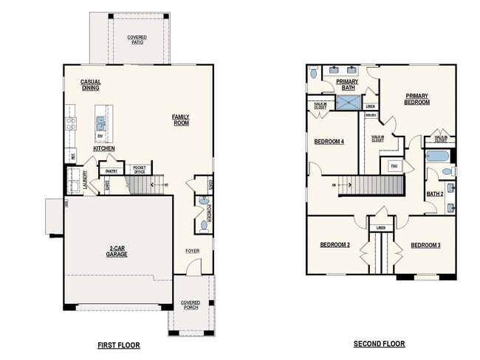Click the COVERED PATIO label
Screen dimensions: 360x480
[x=137, y=39]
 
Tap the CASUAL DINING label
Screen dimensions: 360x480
[x=91, y=85]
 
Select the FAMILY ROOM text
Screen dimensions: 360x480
[x=180, y=120]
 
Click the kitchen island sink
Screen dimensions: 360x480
[x=100, y=122]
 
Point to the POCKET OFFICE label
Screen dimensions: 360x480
[x=137, y=170]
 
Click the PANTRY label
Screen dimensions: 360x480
[x=112, y=170]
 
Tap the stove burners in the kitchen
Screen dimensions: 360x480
[x=71, y=123]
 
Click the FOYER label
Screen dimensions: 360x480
[x=192, y=251]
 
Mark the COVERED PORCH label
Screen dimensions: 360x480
[x=191, y=306]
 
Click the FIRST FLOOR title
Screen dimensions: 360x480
[x=119, y=345]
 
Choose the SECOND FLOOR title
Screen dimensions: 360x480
[x=379, y=344]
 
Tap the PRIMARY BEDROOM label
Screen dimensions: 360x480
[x=416, y=99]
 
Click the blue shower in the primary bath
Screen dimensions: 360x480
[x=348, y=102]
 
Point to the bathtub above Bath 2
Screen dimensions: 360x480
[x=438, y=156]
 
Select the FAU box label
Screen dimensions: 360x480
[x=394, y=166]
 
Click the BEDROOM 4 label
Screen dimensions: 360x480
[x=329, y=142]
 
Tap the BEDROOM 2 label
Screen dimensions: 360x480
[x=335, y=245]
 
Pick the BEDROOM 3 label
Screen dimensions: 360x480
[x=425, y=245]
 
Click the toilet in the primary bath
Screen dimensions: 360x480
[x=315, y=74]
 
